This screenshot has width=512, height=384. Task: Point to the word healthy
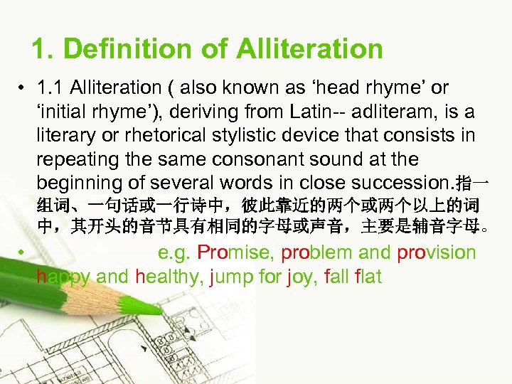pyautogui.click(x=169, y=276)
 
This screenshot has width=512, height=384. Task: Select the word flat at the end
pyautogui.click(x=368, y=276)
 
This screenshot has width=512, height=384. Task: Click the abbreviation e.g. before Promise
pyautogui.click(x=174, y=252)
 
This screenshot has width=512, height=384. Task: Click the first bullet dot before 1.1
pyautogui.click(x=23, y=88)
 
